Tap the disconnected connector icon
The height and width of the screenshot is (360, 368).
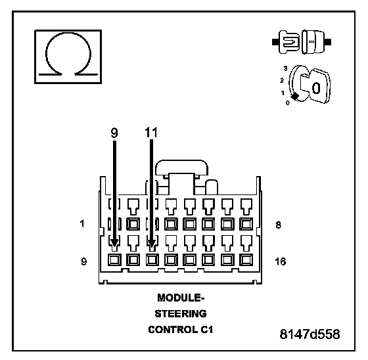(x=302, y=42)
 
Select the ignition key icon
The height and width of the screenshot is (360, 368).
(x=310, y=85)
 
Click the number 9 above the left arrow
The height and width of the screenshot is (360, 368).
(x=114, y=133)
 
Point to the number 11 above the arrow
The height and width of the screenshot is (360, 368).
(x=151, y=133)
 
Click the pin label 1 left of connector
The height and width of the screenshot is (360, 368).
(x=82, y=223)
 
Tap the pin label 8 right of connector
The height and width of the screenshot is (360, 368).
(x=278, y=225)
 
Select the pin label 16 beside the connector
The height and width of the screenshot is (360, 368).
(x=281, y=261)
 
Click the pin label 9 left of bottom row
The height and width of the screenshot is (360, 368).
(x=84, y=261)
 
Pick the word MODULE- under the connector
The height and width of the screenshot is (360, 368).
(x=181, y=298)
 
